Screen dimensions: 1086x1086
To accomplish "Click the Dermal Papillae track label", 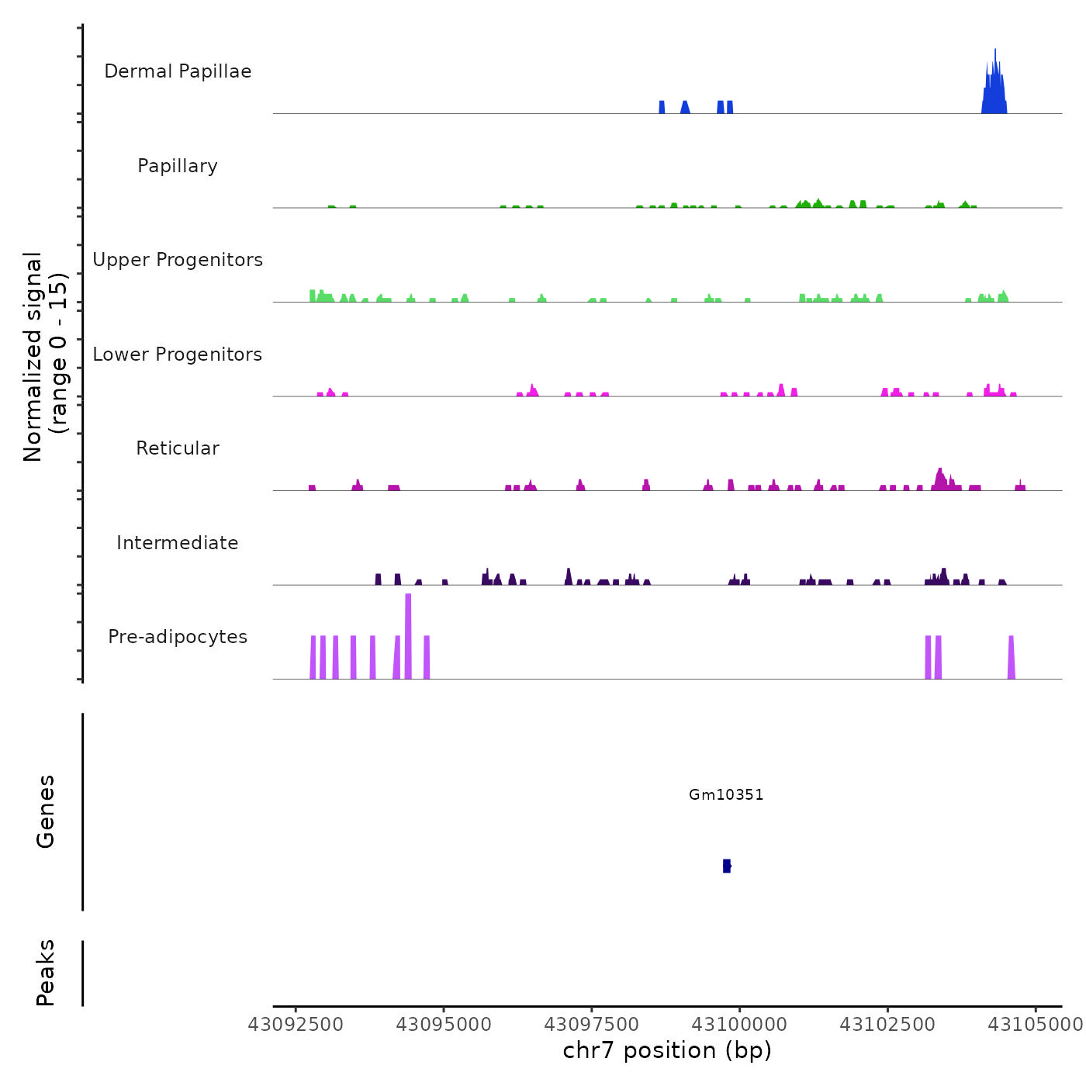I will click(178, 71).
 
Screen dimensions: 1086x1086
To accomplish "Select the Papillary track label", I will click(178, 166).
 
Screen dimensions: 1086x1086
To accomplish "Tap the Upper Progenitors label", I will click(178, 260).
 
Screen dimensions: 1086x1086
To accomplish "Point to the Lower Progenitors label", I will click(178, 355).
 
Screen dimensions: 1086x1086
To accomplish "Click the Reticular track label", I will click(178, 448).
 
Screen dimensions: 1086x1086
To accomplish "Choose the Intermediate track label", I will click(178, 543).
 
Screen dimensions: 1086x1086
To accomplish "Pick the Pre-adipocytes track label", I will click(178, 637).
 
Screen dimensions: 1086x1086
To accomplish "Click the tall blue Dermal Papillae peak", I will click(994, 85).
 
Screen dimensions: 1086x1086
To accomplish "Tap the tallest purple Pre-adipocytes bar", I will click(408, 636).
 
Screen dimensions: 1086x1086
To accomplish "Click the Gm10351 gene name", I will click(726, 794).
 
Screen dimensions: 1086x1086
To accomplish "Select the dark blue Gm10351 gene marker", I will click(727, 866).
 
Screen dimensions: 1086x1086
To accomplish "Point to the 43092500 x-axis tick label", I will click(296, 1025).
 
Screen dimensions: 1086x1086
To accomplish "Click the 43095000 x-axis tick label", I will click(444, 1025).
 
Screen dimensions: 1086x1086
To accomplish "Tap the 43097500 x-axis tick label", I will click(592, 1025).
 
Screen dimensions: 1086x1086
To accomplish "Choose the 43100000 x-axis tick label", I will click(739, 1025).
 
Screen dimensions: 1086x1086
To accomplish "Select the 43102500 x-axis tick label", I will click(887, 1025).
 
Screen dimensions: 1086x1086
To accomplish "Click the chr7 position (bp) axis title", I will click(667, 1050).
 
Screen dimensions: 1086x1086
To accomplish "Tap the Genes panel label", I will click(46, 811).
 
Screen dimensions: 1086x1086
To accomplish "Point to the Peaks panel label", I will click(46, 973).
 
